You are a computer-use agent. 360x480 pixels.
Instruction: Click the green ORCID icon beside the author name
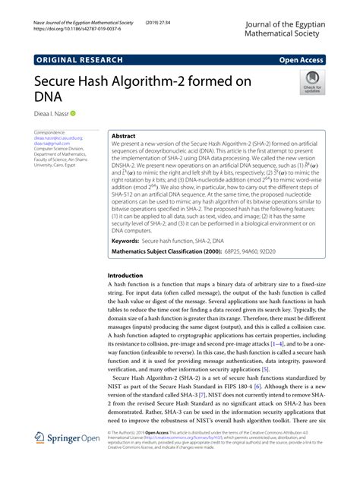coord(74,113)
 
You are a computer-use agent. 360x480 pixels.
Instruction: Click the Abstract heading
coord(123,134)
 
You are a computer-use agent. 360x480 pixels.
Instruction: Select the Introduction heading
coord(125,275)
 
